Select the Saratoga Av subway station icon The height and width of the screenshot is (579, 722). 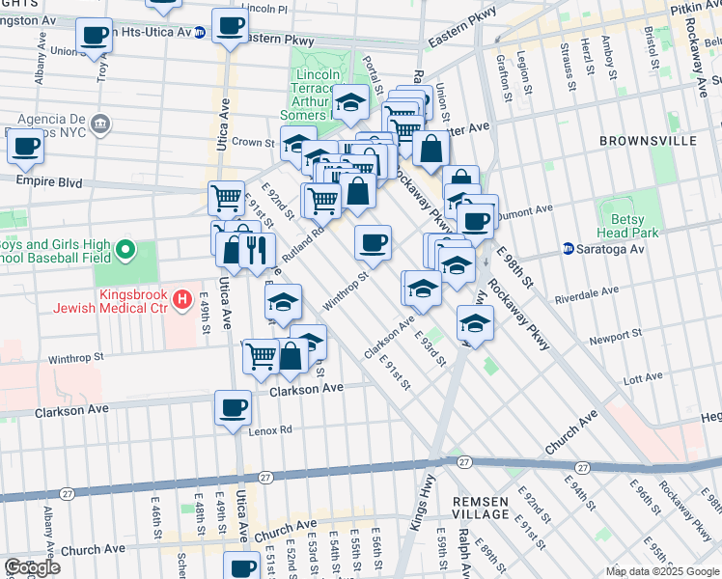(x=569, y=249)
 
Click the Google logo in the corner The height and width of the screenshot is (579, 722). (x=31, y=567)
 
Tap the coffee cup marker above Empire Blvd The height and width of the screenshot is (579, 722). (x=25, y=148)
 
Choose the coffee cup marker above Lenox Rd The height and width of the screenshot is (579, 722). (x=233, y=407)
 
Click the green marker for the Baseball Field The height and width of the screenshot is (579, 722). (x=124, y=252)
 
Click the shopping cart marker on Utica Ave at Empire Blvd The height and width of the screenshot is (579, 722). (x=226, y=198)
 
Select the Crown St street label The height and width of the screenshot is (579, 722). (x=254, y=142)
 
